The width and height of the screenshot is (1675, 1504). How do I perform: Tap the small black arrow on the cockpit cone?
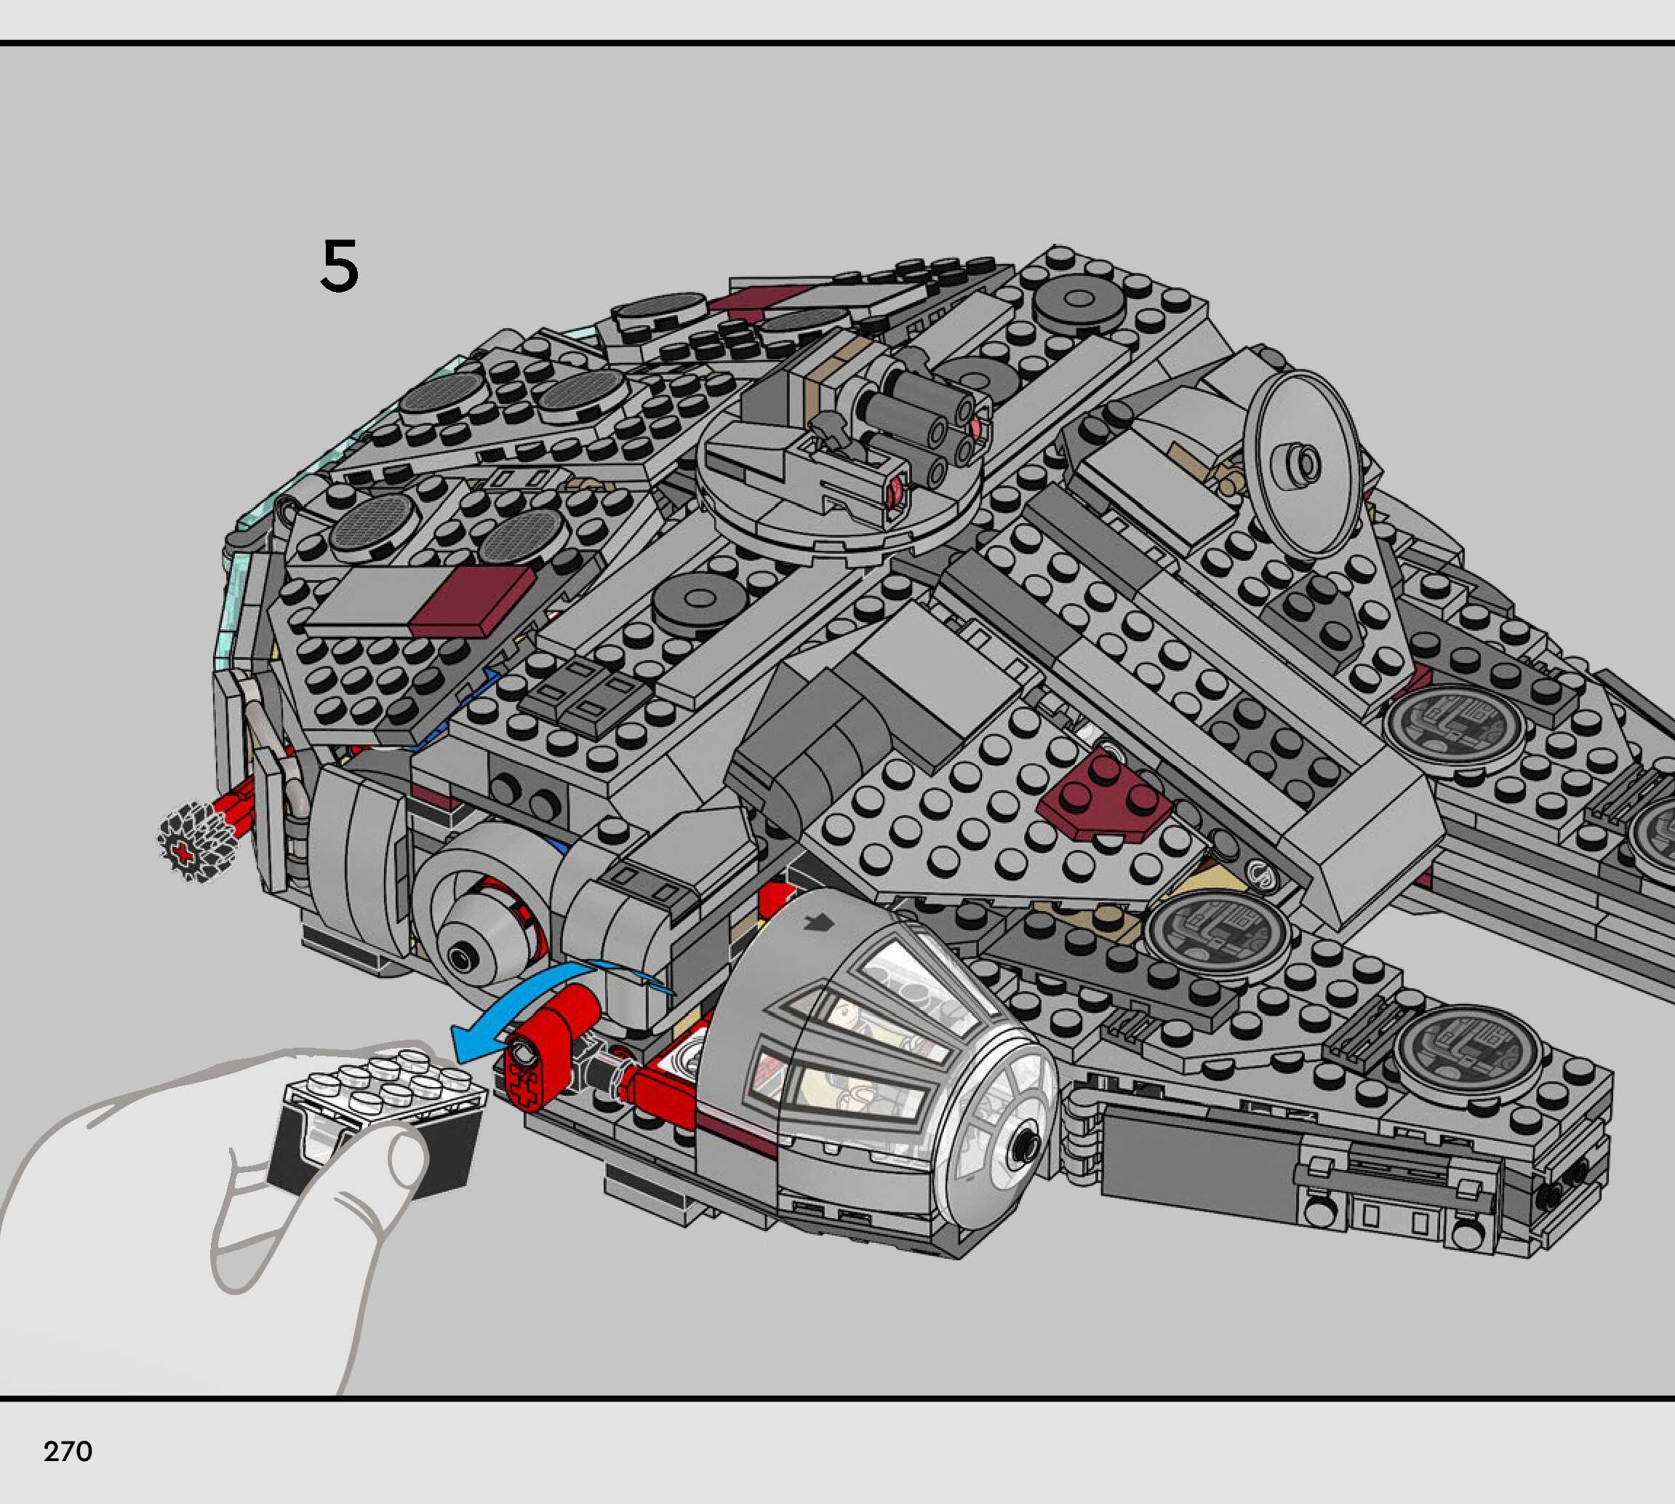pyautogui.click(x=820, y=923)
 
